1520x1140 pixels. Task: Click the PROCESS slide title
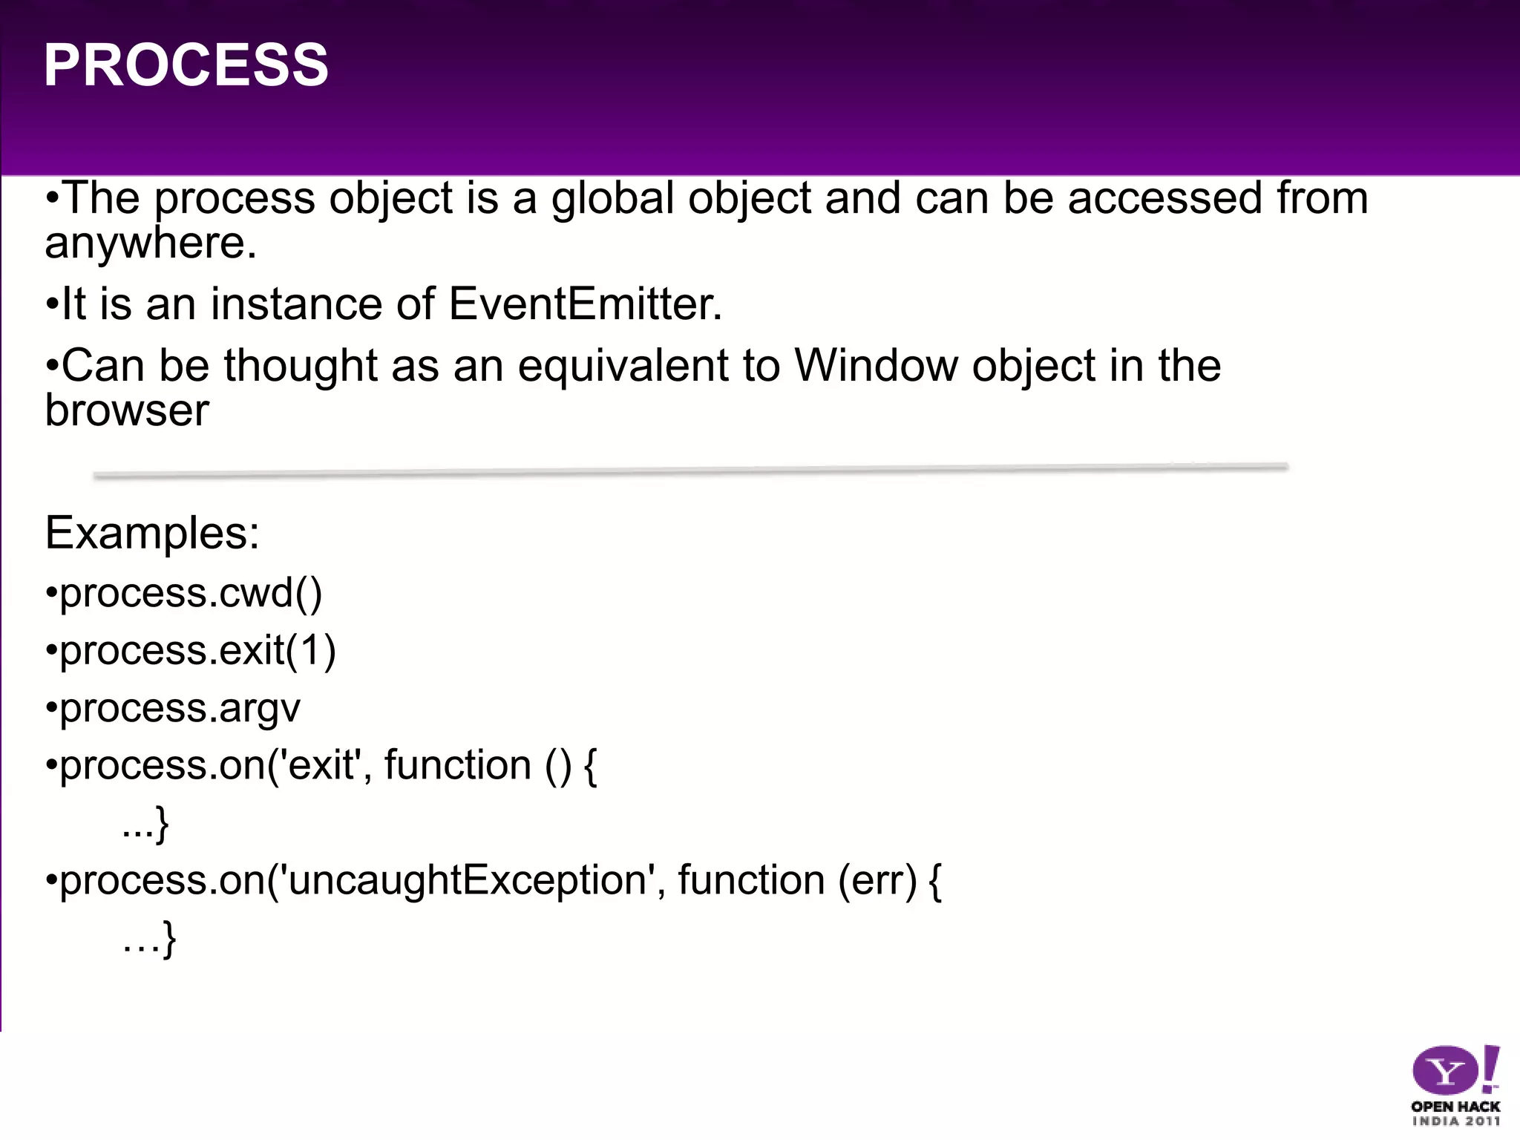[186, 65]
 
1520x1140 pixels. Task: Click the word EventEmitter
[584, 304]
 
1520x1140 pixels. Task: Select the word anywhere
[150, 243]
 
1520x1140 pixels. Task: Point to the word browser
[127, 410]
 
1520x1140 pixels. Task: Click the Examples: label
[152, 532]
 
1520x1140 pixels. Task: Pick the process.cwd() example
[191, 593]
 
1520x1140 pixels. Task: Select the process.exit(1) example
[197, 651]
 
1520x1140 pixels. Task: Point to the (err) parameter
[877, 880]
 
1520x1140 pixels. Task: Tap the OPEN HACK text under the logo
[1455, 1107]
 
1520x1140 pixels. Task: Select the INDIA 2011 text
[1455, 1121]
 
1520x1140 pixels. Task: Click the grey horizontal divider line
[690, 471]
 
